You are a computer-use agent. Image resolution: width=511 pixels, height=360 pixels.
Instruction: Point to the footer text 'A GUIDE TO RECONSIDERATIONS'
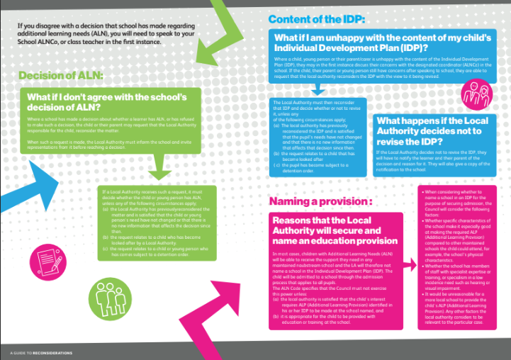click(x=42, y=352)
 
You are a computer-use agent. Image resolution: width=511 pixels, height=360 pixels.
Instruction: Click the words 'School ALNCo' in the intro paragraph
click(x=34, y=42)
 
